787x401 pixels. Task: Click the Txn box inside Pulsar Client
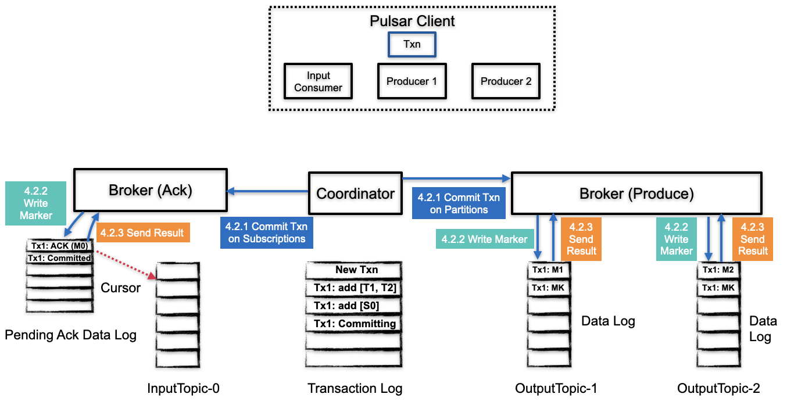click(412, 44)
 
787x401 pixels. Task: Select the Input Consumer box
click(318, 81)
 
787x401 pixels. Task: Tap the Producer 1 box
click(412, 81)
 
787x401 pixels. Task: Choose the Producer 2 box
click(506, 81)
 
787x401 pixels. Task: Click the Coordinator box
click(355, 194)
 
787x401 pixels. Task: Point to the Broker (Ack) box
click(151, 189)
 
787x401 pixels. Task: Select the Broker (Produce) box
click(636, 194)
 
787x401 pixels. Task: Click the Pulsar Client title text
click(412, 22)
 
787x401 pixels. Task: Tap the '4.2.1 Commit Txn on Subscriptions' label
click(267, 232)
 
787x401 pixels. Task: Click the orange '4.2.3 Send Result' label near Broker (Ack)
click(142, 233)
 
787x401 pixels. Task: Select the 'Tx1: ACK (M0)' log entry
click(60, 246)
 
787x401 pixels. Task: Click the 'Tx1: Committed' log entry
click(60, 258)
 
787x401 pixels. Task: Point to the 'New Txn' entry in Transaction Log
click(353, 270)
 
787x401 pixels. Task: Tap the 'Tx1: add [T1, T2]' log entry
click(353, 288)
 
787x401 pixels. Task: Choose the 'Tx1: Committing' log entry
click(353, 324)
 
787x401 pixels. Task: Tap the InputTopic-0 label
click(183, 389)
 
